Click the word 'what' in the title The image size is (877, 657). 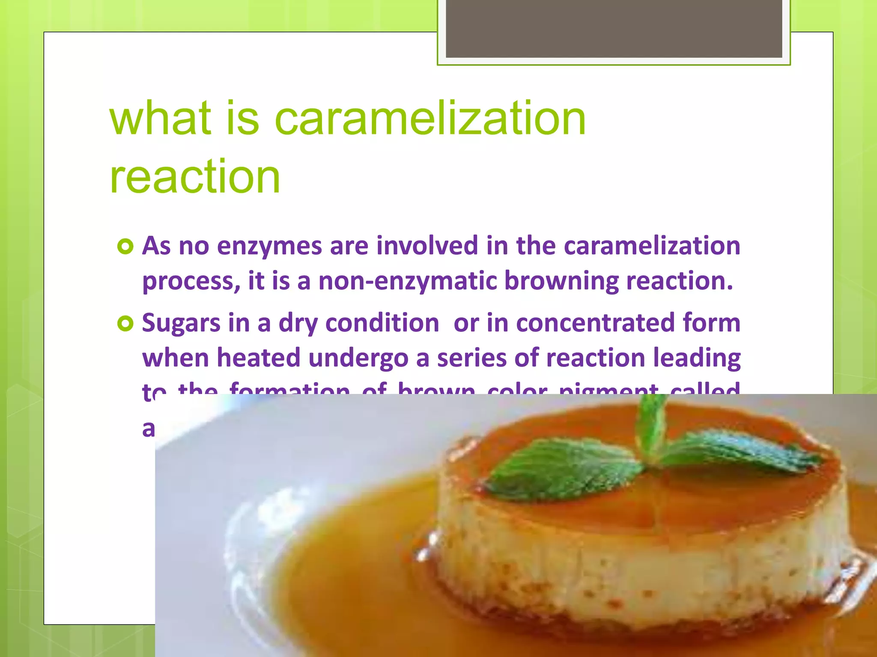click(x=161, y=118)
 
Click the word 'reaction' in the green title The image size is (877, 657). click(x=195, y=177)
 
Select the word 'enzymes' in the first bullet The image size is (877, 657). click(x=269, y=246)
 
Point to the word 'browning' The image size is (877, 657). click(x=561, y=281)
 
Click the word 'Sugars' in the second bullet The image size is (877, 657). click(x=181, y=323)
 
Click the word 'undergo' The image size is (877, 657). click(x=358, y=358)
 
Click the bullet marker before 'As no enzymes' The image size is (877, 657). click(x=125, y=247)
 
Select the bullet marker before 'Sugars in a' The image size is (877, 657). click(x=125, y=324)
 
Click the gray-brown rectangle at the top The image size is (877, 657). click(x=614, y=29)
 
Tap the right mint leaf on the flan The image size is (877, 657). click(x=737, y=453)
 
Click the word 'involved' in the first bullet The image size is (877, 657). click(x=427, y=246)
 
